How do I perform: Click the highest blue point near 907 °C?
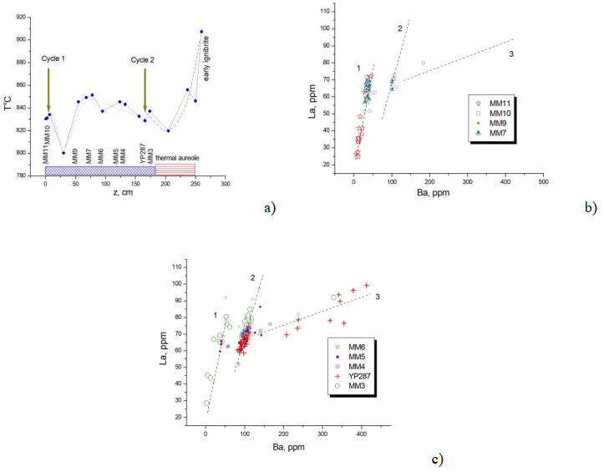click(x=201, y=32)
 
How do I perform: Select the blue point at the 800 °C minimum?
click(x=63, y=153)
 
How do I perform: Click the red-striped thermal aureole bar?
click(x=175, y=170)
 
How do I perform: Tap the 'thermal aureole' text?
click(x=176, y=159)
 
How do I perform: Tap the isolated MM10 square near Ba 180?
click(x=423, y=63)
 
